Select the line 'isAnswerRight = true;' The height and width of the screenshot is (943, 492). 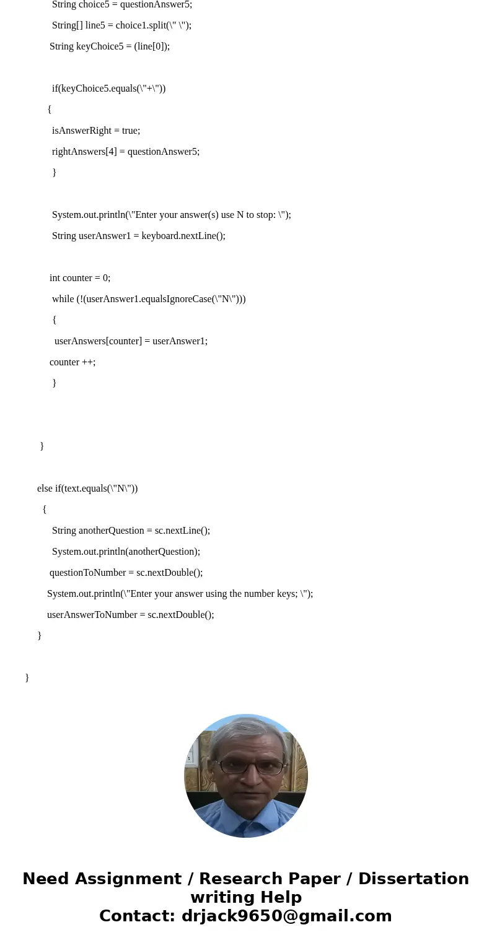[96, 131]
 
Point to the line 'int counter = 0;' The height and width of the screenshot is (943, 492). [80, 278]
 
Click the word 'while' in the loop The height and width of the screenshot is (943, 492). [63, 299]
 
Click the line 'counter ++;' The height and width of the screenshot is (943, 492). [72, 362]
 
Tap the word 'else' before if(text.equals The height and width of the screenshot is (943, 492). [45, 489]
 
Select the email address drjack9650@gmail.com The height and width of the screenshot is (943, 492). [286, 916]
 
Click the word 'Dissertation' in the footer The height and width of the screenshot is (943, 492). [413, 879]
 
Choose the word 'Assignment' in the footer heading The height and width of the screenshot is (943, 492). [128, 879]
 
